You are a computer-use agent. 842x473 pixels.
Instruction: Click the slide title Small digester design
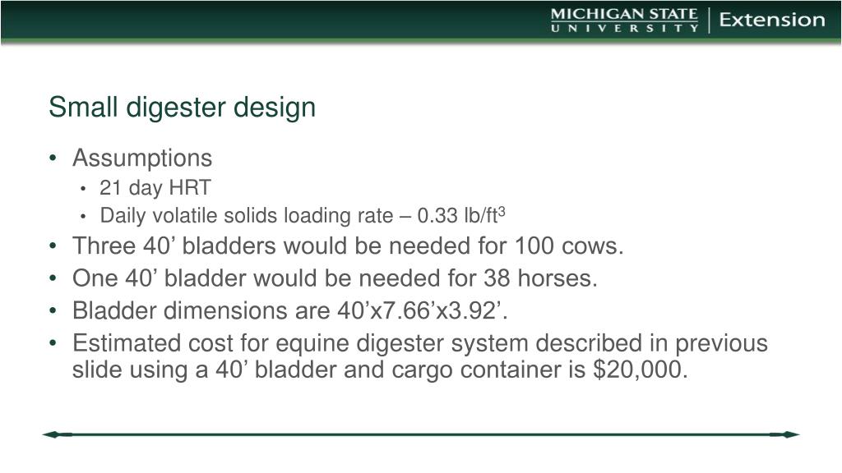point(182,108)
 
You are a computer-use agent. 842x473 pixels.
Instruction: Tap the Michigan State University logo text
point(624,21)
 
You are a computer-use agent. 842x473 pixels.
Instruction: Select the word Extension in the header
point(772,21)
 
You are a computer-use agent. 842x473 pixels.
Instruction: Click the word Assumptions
point(142,158)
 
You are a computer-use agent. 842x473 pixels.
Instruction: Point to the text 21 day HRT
point(155,188)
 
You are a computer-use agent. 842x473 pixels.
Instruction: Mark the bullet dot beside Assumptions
point(53,158)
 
